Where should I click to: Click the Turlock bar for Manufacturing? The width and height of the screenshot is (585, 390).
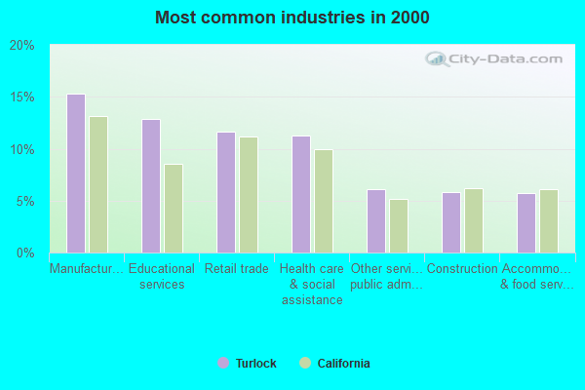tap(76, 174)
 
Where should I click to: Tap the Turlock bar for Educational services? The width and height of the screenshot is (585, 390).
tap(151, 186)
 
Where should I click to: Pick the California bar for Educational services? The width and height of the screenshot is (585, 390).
tap(174, 209)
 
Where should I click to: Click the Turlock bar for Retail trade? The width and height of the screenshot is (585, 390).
tap(226, 192)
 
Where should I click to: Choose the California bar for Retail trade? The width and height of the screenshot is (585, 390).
tap(249, 195)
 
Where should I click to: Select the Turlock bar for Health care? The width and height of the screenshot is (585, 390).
tap(301, 194)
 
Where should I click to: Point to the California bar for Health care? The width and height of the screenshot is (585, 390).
tap(324, 201)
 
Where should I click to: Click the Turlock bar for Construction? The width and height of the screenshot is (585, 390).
tap(451, 222)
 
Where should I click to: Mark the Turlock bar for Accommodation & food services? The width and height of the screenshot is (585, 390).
tap(526, 223)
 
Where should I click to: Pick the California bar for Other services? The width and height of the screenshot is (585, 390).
tap(399, 226)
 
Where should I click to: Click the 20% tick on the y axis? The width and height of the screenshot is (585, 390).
tap(22, 46)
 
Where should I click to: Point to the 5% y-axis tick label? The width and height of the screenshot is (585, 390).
tap(25, 202)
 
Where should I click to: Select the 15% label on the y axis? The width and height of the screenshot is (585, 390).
tap(22, 97)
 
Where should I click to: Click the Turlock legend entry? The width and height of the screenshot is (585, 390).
tap(248, 364)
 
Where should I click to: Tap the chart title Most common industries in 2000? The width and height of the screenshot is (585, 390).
tap(292, 18)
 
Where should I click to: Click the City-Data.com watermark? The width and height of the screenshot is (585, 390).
tap(496, 58)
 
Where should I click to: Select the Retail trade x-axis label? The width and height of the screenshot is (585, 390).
tap(237, 269)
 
